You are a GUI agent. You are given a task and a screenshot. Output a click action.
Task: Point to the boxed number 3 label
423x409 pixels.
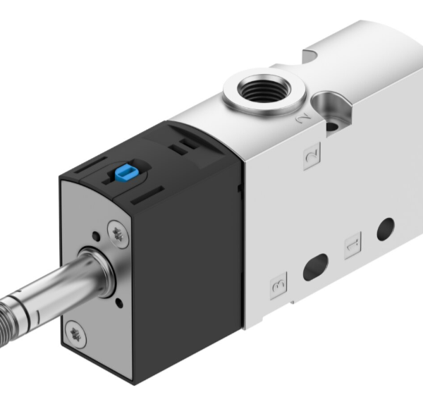pos(279,286)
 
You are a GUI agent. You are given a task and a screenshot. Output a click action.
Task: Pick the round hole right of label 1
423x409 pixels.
pos(386,228)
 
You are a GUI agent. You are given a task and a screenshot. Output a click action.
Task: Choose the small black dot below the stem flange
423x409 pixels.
pos(119,303)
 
